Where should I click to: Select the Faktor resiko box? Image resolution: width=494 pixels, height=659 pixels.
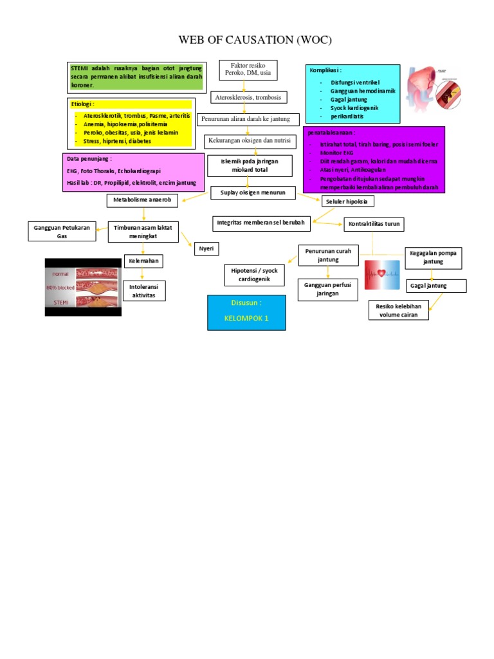(248, 70)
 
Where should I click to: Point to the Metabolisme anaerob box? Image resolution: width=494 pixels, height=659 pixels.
(143, 201)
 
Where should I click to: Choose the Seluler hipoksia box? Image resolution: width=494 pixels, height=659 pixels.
(348, 201)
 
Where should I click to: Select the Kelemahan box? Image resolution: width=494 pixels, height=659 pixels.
(143, 261)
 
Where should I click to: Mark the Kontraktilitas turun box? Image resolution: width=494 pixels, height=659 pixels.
(375, 224)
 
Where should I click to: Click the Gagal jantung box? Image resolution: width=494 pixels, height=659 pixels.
(428, 285)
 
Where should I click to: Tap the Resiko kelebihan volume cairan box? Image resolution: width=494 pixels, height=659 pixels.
(399, 310)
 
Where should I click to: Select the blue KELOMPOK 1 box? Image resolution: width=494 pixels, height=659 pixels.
(246, 313)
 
